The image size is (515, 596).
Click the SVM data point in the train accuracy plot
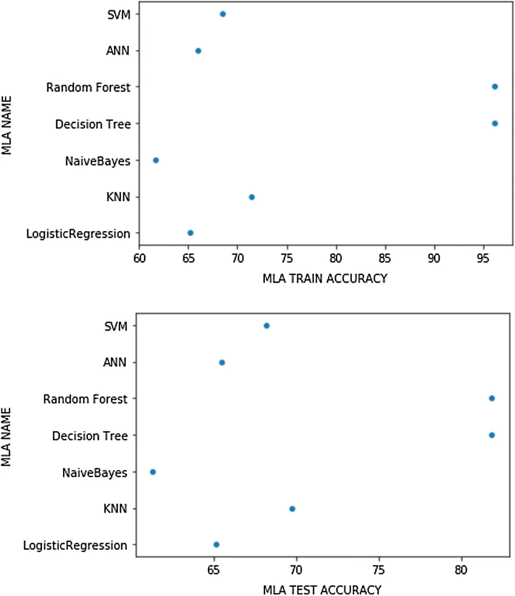pyautogui.click(x=222, y=14)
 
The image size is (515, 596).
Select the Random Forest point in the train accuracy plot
pyautogui.click(x=495, y=87)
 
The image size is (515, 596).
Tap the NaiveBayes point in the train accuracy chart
pyautogui.click(x=156, y=160)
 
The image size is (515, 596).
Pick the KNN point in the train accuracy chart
pyautogui.click(x=252, y=197)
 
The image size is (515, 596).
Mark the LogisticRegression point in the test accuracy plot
pyautogui.click(x=216, y=545)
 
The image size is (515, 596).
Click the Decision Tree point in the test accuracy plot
pyautogui.click(x=492, y=435)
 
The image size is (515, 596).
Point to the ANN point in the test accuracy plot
pyautogui.click(x=222, y=363)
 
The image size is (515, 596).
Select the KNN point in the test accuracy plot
pyautogui.click(x=292, y=509)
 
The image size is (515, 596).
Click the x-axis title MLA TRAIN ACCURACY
pyautogui.click(x=325, y=279)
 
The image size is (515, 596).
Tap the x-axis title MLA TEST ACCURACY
pyautogui.click(x=322, y=590)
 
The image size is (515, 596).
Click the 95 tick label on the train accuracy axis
pyautogui.click(x=482, y=259)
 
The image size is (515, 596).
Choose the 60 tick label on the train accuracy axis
pyautogui.click(x=139, y=259)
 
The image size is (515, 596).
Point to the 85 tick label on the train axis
pyautogui.click(x=384, y=259)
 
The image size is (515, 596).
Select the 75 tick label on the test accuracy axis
pyautogui.click(x=378, y=570)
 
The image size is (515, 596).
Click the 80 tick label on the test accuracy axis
pyautogui.click(x=461, y=570)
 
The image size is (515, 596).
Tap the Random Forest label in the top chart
pyautogui.click(x=88, y=88)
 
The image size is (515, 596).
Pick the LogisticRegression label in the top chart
pyautogui.click(x=78, y=234)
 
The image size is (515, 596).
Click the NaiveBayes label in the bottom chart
pyautogui.click(x=94, y=473)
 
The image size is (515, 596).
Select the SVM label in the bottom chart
pyautogui.click(x=115, y=327)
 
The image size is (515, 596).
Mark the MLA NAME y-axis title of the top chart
pyautogui.click(x=7, y=125)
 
